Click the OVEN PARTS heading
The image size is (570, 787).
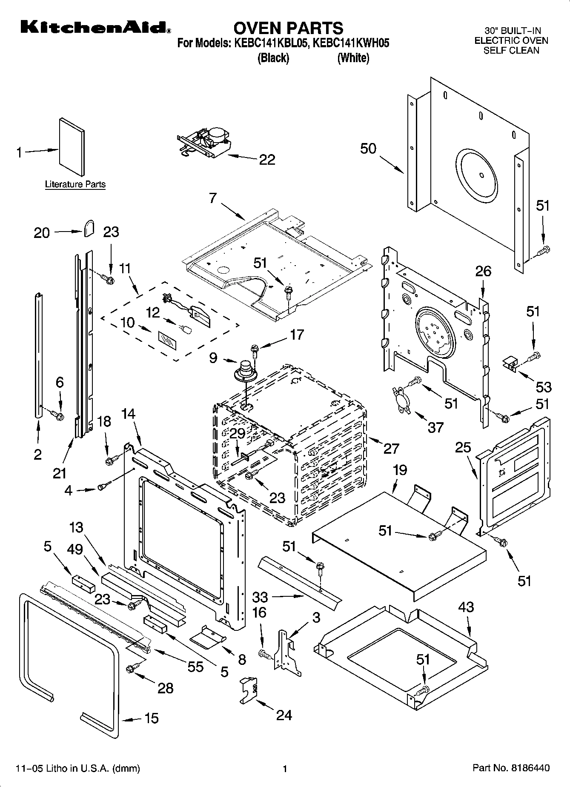click(288, 28)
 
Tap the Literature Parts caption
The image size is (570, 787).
click(75, 184)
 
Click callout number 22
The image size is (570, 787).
click(267, 160)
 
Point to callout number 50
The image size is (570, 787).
click(368, 149)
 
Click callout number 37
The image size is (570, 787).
click(435, 427)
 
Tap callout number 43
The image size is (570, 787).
click(466, 607)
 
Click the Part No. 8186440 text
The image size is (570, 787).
click(511, 768)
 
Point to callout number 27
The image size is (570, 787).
click(391, 448)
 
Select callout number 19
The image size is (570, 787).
click(400, 470)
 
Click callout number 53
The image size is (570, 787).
click(544, 387)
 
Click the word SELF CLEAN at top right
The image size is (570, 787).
click(511, 50)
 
